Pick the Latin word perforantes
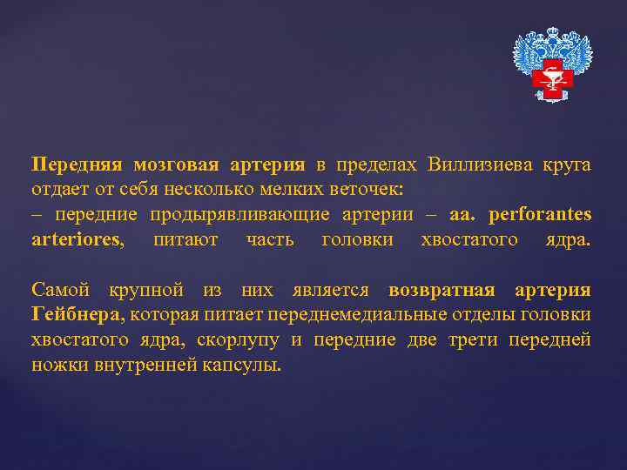coord(540,214)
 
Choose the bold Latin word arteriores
coord(77,238)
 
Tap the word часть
coord(269,238)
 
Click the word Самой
coord(59,290)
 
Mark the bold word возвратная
coord(442,290)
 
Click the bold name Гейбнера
coord(78,314)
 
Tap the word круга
coord(566,164)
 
